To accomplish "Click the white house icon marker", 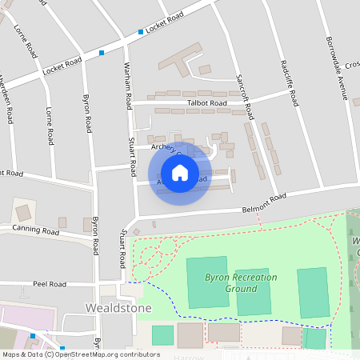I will pos(180,172).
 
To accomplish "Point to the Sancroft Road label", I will pos(245,94).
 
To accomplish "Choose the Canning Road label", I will pos(35,231).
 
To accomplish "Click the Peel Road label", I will pos(49,284).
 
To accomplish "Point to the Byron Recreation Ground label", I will pos(241,282).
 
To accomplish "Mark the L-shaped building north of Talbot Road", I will pos(180,60).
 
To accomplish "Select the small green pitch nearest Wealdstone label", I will pos(162,335).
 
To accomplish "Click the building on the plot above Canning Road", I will pos(23,213).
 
